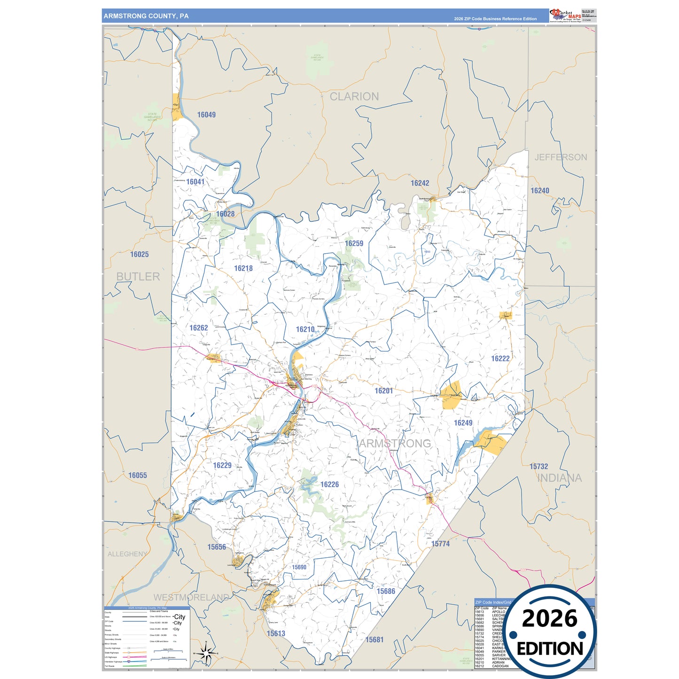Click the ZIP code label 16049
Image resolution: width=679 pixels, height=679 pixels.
[206, 115]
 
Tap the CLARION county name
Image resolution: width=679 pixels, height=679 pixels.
[354, 96]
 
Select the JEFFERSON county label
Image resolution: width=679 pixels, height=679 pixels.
[561, 157]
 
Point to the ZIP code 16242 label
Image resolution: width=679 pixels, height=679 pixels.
[420, 183]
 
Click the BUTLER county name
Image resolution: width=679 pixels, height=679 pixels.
[138, 277]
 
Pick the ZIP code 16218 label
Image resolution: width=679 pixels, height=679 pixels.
[243, 268]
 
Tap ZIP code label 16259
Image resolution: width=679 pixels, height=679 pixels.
[354, 243]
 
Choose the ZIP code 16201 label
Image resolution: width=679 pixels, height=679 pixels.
[383, 391]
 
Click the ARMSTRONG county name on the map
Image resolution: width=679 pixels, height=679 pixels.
[395, 444]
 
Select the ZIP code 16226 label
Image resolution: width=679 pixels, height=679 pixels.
[329, 484]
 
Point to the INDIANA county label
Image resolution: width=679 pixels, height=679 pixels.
[559, 478]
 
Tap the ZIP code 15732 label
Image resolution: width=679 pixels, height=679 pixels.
[539, 467]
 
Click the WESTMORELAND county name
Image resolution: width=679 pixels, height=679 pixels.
[191, 597]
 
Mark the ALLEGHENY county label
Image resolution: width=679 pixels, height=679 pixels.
[127, 554]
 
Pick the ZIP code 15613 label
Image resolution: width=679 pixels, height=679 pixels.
[276, 633]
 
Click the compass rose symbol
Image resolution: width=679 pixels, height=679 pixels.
[205, 653]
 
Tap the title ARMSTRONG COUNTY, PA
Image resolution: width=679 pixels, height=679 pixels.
[146, 16]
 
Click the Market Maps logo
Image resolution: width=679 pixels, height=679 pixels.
[565, 15]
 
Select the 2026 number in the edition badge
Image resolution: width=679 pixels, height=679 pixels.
[549, 618]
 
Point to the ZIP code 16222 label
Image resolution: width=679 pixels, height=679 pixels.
[500, 359]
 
